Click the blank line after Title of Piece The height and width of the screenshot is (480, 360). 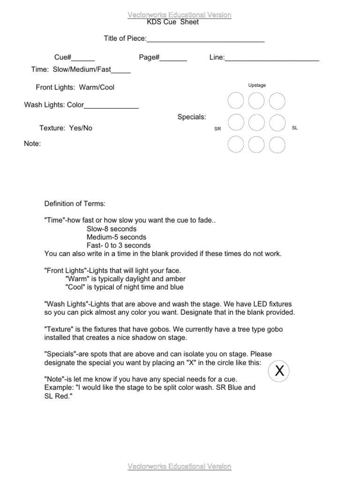[x=206, y=39]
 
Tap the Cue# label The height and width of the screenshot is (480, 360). [x=62, y=57]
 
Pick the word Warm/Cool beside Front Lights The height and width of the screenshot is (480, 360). [x=97, y=87]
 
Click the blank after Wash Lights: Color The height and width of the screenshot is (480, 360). [x=111, y=106]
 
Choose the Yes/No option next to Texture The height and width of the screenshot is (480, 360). [x=81, y=128]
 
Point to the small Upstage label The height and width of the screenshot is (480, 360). [x=257, y=85]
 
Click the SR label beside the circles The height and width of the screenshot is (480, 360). [x=217, y=128]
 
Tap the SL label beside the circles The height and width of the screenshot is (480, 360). [x=295, y=127]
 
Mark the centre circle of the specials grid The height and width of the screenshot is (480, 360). [x=256, y=122]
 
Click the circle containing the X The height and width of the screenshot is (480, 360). [x=279, y=371]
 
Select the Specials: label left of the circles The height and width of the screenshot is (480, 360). [x=192, y=117]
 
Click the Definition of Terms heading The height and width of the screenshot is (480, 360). [x=75, y=203]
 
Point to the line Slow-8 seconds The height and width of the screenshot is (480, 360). [x=112, y=229]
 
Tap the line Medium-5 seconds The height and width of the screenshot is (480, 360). [x=116, y=237]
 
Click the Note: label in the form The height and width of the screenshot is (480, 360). [x=32, y=143]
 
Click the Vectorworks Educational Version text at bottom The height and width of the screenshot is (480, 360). [x=180, y=466]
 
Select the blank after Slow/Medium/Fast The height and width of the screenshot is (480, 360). [x=121, y=71]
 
